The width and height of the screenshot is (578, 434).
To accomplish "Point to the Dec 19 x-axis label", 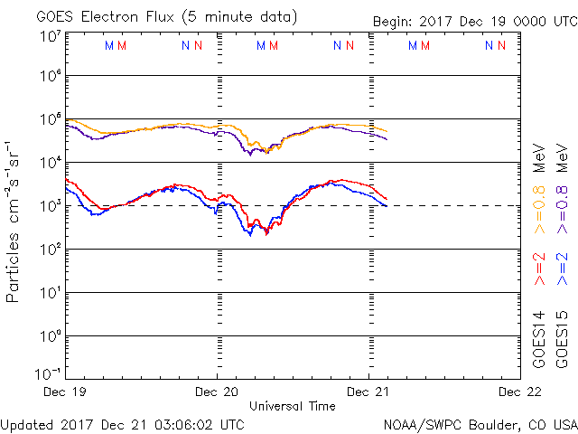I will pyautogui.click(x=65, y=392).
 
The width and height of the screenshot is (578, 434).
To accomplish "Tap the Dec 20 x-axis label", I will pyautogui.click(x=218, y=392).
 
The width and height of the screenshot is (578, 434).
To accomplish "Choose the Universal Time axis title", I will pyautogui.click(x=293, y=406).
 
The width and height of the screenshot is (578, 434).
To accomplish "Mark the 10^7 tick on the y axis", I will pyautogui.click(x=50, y=36).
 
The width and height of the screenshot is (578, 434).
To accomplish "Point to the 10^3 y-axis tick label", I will pyautogui.click(x=50, y=206).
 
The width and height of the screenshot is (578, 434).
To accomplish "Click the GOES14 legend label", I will pyautogui.click(x=538, y=340).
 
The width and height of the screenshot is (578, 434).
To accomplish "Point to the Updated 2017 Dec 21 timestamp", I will pyautogui.click(x=122, y=423).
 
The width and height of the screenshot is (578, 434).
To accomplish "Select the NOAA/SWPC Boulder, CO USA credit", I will pyautogui.click(x=479, y=423).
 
